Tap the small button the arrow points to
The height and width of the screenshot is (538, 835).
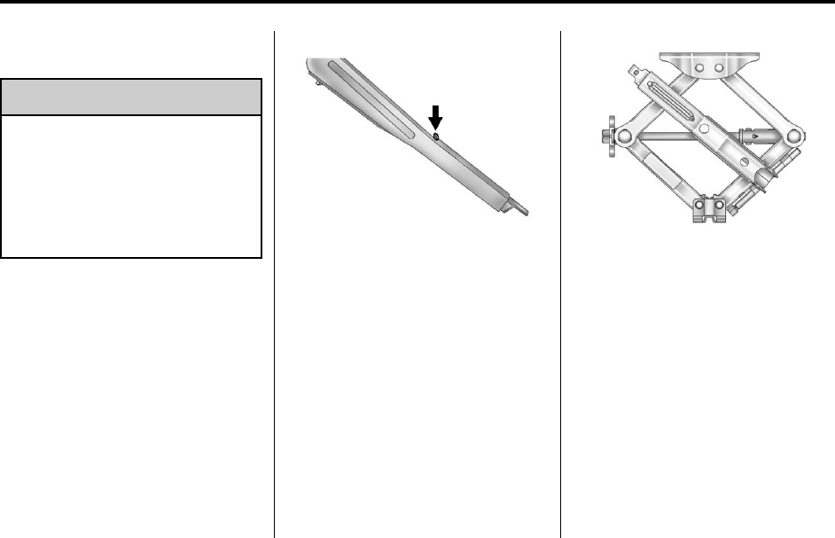coord(435,136)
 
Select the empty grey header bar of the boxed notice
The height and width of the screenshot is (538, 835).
coord(131,97)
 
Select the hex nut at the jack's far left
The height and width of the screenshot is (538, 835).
coord(604,136)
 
